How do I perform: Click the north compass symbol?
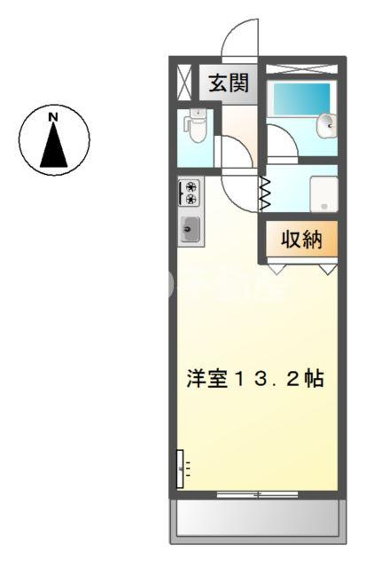click(54, 140)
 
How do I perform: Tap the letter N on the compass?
click(54, 117)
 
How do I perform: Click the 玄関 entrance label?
click(229, 84)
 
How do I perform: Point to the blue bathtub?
click(300, 99)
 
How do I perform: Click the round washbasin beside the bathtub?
click(328, 125)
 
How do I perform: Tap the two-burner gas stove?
click(190, 193)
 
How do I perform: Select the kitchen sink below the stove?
click(190, 230)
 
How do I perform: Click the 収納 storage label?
click(298, 239)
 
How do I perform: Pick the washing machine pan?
click(323, 193)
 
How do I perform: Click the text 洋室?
click(206, 379)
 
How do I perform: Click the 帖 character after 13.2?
click(313, 379)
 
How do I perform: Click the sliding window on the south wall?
click(256, 493)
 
